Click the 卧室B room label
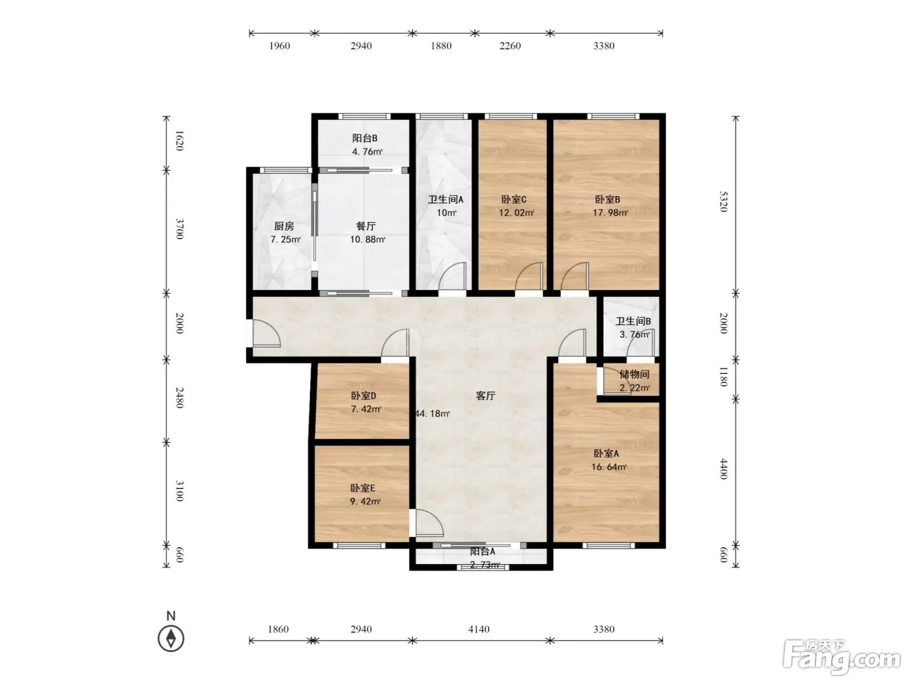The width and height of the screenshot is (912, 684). (607, 199)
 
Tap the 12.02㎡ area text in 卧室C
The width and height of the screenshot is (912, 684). (517, 212)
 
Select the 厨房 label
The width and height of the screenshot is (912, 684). (284, 226)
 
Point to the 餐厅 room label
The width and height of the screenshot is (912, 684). (366, 226)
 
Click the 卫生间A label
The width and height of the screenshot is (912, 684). (446, 199)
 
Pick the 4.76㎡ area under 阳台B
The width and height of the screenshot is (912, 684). (367, 152)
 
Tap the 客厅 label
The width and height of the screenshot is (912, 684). (485, 395)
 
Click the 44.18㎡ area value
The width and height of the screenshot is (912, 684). (433, 414)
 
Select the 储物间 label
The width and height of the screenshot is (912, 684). (634, 374)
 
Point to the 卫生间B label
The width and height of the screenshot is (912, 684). (633, 321)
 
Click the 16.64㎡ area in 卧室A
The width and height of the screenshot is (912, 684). (609, 467)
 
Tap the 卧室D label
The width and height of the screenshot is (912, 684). (363, 396)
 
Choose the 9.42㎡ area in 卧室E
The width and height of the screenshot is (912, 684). (365, 501)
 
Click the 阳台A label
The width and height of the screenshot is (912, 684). (483, 552)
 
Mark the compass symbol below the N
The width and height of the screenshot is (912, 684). (171, 638)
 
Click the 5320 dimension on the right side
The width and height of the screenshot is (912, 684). (723, 201)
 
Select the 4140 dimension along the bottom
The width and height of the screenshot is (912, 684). (479, 629)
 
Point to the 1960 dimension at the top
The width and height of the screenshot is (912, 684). (279, 46)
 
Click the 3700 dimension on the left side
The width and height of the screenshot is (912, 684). (179, 229)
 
